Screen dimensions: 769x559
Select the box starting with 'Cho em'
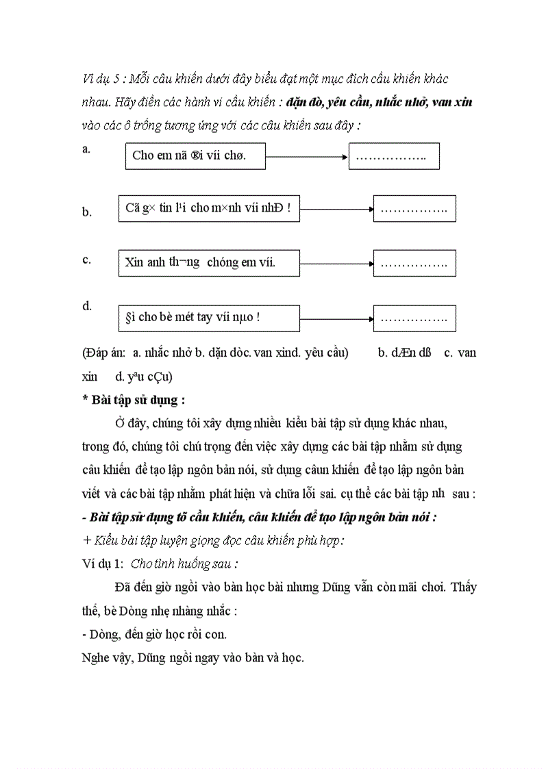tap(195, 155)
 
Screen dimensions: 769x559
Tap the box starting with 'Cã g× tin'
tap(209, 208)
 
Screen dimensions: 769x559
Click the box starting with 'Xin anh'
tap(209, 262)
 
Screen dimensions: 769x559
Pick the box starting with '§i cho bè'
tap(209, 318)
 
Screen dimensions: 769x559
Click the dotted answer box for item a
tap(394, 156)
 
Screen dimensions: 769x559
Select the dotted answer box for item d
tap(414, 318)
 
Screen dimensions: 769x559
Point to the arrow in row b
tap(336, 208)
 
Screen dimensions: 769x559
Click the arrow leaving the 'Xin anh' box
tap(336, 263)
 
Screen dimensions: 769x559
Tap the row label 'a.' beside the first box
tap(86, 149)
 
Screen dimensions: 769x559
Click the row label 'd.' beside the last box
tap(87, 306)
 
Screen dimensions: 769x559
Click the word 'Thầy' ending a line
tap(464, 588)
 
